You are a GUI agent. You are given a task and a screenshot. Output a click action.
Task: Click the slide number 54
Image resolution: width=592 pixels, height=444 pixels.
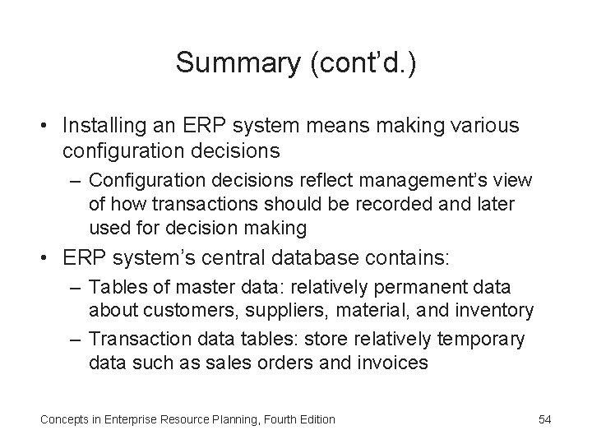pos(544,419)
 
